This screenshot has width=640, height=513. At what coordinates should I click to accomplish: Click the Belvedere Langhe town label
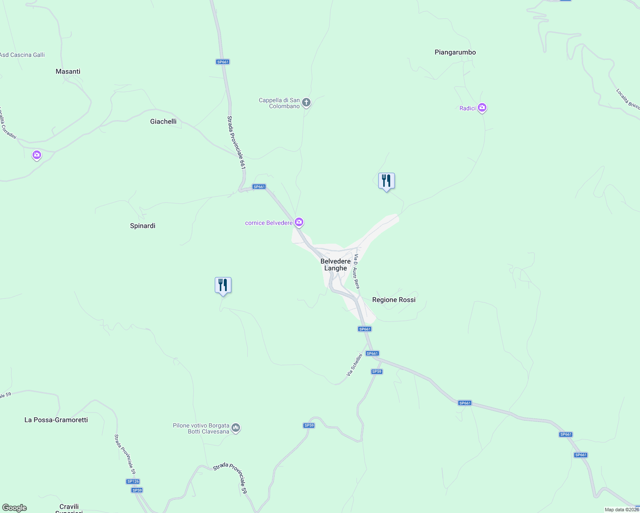point(335,265)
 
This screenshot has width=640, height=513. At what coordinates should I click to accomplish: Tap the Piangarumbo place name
point(455,52)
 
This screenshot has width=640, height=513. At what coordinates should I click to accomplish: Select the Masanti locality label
point(68,71)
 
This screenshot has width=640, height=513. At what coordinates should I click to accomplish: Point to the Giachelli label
point(163,121)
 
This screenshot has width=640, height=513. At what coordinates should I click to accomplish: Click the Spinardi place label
point(142,226)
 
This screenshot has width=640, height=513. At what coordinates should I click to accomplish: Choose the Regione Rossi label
point(394,300)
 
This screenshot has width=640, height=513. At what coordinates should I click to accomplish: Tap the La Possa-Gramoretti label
point(56,420)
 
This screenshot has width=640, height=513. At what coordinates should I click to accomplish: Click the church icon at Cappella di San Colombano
point(306,103)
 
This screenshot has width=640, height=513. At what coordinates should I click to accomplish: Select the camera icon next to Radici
point(482,108)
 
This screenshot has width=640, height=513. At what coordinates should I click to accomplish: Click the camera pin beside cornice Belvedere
point(299,222)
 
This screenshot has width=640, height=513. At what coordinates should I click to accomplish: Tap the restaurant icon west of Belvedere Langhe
point(223,285)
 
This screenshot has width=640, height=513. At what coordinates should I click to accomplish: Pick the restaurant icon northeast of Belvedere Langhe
point(386,181)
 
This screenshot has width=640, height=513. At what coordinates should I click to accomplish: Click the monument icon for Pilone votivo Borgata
point(236,427)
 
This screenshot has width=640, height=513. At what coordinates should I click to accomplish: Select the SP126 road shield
point(133,481)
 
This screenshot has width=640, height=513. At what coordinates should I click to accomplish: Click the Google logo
point(15,508)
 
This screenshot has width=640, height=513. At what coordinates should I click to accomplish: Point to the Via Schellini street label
point(354,365)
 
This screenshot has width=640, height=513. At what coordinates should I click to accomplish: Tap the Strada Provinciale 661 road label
point(236,142)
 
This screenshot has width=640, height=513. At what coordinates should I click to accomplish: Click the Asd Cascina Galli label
point(22,55)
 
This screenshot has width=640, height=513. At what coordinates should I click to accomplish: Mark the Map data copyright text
point(622,510)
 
